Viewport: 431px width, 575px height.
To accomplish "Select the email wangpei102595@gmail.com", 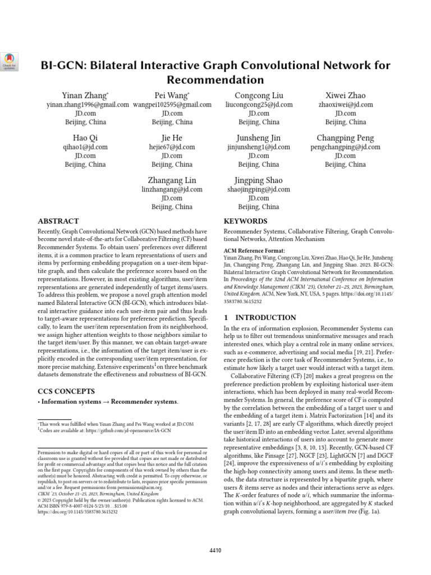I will click(172, 104).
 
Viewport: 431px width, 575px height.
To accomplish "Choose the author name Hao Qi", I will click(85, 138).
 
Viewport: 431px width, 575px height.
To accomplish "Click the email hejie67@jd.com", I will click(172, 147).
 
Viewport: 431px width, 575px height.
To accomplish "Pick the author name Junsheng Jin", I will click(259, 138).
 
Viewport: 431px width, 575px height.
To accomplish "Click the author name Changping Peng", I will click(345, 138).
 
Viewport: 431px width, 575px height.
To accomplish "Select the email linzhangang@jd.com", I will click(172, 190).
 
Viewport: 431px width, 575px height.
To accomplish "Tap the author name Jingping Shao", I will click(259, 180).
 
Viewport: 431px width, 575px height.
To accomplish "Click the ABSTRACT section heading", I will click(58, 221).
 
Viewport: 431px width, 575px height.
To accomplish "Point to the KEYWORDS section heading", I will click(245, 221).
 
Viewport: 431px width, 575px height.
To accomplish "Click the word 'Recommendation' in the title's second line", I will click(215, 79).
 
